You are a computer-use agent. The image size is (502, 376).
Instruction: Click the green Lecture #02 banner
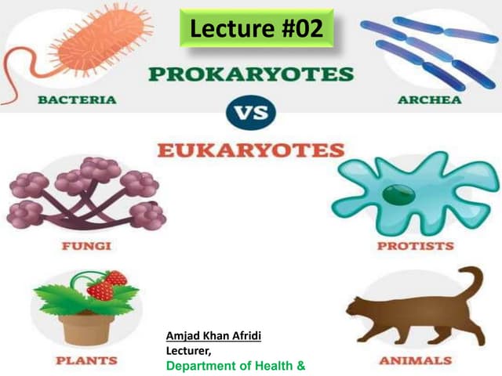256,28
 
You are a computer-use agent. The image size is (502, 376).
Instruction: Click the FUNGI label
86,245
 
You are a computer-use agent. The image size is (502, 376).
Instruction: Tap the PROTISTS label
415,245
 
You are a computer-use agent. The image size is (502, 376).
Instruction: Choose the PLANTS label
85,360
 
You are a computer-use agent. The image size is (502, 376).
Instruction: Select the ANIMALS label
415,360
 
